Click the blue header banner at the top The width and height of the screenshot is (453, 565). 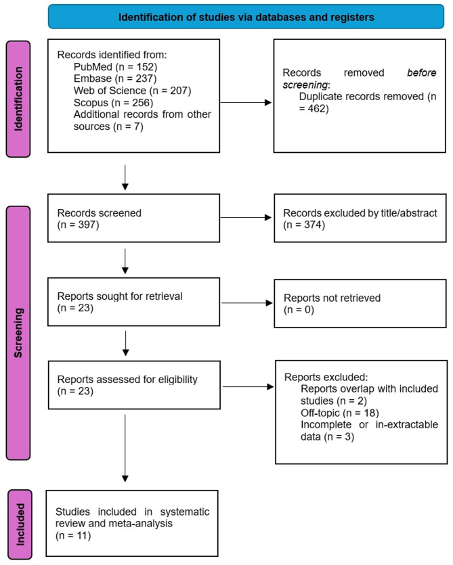(x=246, y=16)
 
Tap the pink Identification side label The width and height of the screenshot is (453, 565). (x=18, y=99)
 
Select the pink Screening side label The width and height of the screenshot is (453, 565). (x=18, y=333)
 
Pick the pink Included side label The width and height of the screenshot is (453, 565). (x=20, y=524)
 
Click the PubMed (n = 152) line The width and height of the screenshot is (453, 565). (x=115, y=67)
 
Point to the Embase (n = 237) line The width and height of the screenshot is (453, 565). (x=115, y=78)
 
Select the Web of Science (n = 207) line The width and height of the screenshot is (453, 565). (x=132, y=91)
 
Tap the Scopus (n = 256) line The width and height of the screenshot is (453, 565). (x=113, y=103)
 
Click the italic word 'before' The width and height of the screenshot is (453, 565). (x=422, y=73)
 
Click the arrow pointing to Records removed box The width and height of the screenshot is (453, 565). (x=246, y=103)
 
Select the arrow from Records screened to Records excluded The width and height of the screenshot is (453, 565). (x=246, y=218)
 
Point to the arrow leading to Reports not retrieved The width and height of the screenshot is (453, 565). (x=246, y=303)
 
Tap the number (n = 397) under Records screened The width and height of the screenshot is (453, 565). (x=79, y=225)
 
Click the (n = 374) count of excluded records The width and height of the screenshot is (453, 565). (x=304, y=225)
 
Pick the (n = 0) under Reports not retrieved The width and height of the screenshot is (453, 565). (x=299, y=310)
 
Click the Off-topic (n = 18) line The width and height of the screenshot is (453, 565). (x=340, y=413)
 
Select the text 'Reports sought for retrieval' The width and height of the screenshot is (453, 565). (x=120, y=296)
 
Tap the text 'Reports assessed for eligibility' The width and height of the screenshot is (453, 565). (x=127, y=380)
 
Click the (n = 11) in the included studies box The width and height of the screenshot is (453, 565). (x=73, y=536)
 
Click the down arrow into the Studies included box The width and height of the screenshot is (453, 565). (x=125, y=448)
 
